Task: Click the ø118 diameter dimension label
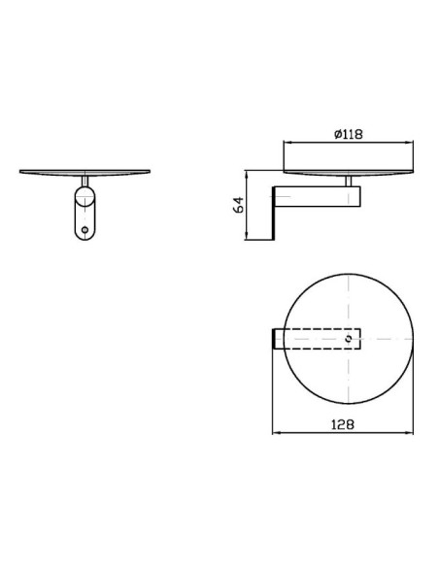point(348,135)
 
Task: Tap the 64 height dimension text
point(239,205)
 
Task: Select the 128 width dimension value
point(343,424)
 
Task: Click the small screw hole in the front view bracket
point(84,230)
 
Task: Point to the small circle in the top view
point(349,339)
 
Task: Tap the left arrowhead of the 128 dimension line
point(276,432)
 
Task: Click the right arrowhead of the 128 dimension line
point(409,432)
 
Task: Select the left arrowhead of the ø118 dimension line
point(287,143)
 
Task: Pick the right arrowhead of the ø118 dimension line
point(409,143)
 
